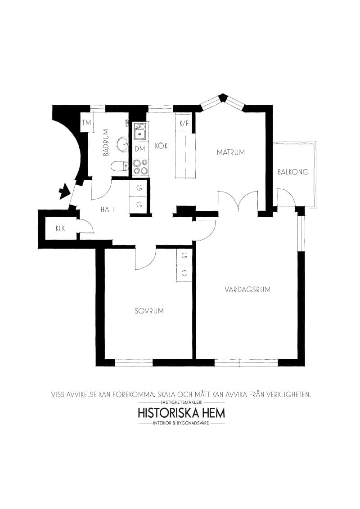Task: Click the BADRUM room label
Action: (x=106, y=142)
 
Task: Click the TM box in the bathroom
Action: (x=86, y=123)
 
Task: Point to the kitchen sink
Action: (x=139, y=131)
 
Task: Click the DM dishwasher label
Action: (x=139, y=149)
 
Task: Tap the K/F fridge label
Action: (x=184, y=123)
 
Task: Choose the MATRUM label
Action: (x=231, y=152)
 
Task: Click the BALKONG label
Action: (x=293, y=172)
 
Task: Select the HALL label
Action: (x=108, y=210)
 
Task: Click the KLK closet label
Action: (x=61, y=228)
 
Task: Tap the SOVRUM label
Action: (x=149, y=311)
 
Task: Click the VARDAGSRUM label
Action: (x=247, y=290)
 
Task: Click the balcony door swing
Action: (x=284, y=198)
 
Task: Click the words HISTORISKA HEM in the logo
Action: (x=181, y=412)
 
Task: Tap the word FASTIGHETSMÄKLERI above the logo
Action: (x=181, y=402)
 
